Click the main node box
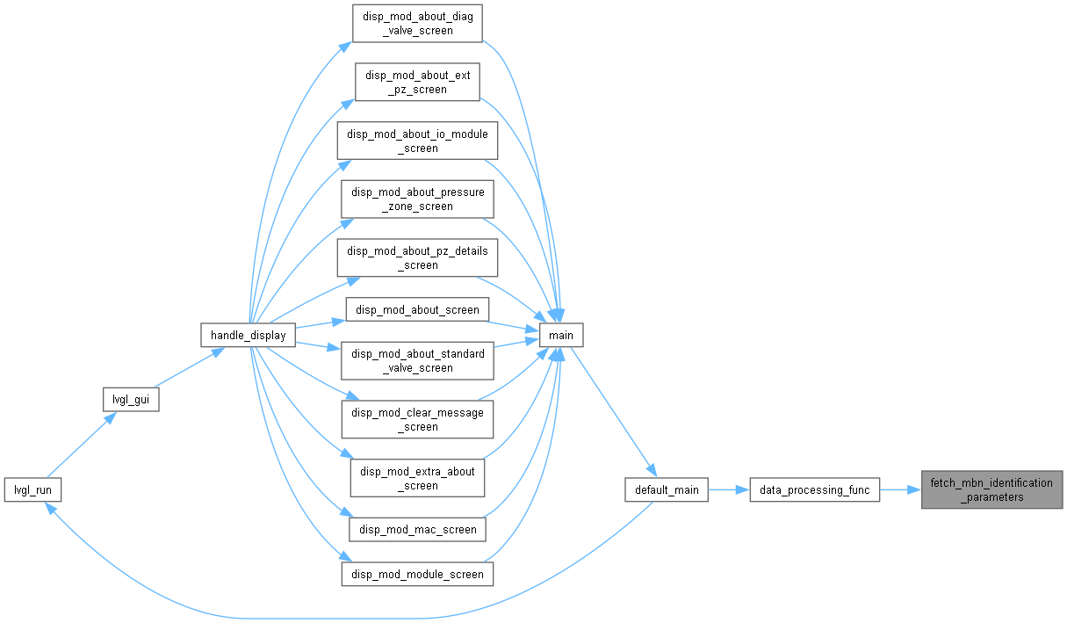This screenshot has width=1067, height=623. [x=560, y=335]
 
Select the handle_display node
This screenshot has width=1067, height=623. [x=249, y=335]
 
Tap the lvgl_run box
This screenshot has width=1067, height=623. [x=32, y=489]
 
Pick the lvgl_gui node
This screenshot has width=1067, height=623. [x=131, y=400]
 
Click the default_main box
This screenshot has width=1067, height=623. [x=667, y=489]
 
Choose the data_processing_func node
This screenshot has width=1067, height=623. [x=815, y=489]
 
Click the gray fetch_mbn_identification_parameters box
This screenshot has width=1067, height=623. [x=991, y=489]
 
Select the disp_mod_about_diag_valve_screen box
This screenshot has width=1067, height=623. [x=417, y=24]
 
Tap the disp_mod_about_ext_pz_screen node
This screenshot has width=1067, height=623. [x=417, y=82]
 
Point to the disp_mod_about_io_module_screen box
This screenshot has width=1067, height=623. [x=417, y=141]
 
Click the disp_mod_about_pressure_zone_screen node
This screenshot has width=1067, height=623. [x=417, y=199]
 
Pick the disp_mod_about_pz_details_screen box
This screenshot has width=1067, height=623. [x=417, y=257]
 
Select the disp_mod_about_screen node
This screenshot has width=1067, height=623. [x=417, y=309]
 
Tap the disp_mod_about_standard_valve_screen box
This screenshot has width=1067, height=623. [x=417, y=361]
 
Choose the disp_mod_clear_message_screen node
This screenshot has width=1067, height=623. [x=417, y=419]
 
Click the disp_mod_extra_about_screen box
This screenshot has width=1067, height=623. [x=417, y=478]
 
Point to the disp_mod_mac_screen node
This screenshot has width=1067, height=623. [x=417, y=530]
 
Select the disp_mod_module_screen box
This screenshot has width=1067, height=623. [x=417, y=574]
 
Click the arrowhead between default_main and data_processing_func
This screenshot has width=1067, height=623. [x=743, y=489]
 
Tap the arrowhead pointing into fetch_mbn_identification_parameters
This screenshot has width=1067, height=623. [x=914, y=489]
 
